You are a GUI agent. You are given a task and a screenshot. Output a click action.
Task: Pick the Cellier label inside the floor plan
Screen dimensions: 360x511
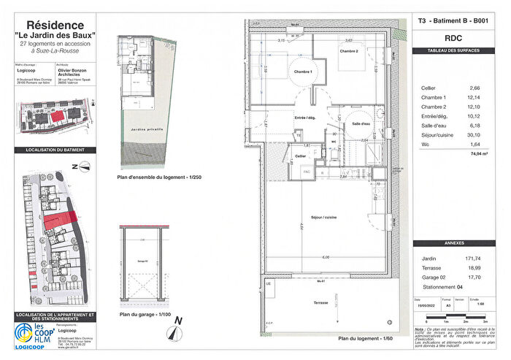coord(299,156)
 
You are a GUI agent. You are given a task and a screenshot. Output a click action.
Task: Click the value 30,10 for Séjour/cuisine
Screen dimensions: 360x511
coord(477,134)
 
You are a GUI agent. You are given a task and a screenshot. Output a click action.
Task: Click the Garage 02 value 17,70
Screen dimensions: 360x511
coord(477,278)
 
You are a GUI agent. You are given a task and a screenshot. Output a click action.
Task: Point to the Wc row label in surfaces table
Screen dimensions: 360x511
coord(426,144)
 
